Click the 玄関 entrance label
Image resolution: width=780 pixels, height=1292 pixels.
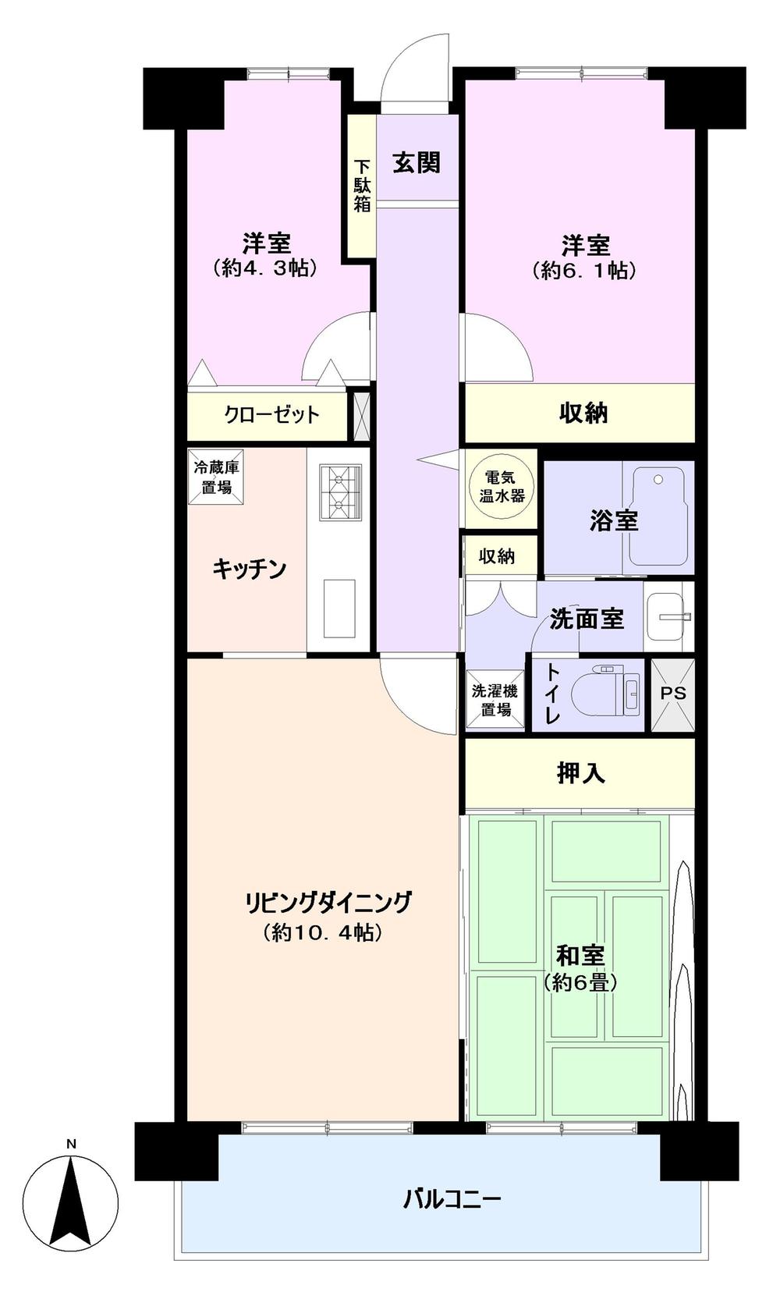click(417, 162)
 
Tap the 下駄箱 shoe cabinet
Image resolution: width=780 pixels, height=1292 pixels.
click(361, 186)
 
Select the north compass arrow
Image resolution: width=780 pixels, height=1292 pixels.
click(71, 1204)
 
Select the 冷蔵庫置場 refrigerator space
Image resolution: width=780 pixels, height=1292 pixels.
click(215, 477)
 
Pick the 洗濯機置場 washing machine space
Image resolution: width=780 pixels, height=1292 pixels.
click(495, 700)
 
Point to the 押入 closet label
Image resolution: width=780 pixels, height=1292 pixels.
click(580, 773)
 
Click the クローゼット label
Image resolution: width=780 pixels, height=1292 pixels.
click(271, 415)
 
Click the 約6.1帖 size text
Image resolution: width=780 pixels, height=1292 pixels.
click(584, 271)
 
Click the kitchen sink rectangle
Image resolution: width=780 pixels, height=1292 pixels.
click(339, 609)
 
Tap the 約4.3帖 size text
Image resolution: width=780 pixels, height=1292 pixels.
click(266, 268)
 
